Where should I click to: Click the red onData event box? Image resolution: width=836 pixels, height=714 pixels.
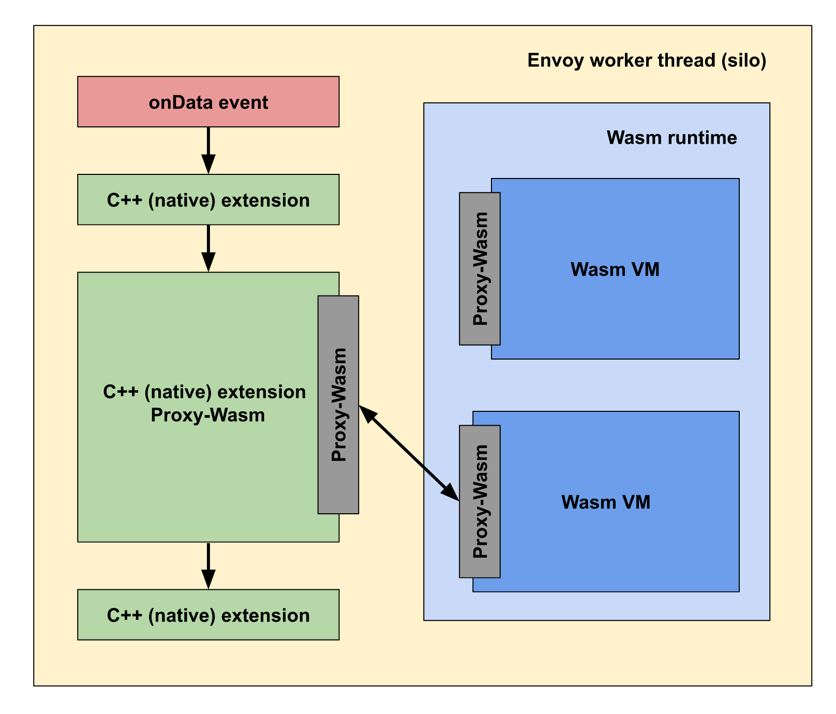point(208,101)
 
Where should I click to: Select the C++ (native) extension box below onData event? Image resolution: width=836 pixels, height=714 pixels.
point(208,199)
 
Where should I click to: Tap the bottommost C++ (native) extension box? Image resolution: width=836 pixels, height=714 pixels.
point(208,615)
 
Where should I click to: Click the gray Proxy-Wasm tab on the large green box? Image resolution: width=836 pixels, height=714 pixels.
point(338,405)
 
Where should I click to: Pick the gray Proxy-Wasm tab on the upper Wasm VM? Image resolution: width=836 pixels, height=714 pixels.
point(480,269)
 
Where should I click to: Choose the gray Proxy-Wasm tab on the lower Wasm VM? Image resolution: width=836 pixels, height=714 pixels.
point(480,501)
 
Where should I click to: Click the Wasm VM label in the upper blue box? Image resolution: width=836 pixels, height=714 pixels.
point(615,270)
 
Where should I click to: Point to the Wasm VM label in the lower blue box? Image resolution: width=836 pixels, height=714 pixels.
point(606,502)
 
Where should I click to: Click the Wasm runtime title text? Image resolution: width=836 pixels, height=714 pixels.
point(671,138)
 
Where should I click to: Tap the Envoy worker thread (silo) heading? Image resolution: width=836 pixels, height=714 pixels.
point(647,61)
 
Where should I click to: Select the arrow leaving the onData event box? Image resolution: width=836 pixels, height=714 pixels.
point(208,150)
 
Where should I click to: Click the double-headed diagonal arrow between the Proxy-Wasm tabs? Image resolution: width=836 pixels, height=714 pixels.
point(409,453)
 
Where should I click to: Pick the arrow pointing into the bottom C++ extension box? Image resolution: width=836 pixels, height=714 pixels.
point(208,566)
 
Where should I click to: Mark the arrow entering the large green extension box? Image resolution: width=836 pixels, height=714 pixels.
point(208,248)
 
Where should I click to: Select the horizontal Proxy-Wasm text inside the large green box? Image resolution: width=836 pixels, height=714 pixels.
point(207,415)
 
